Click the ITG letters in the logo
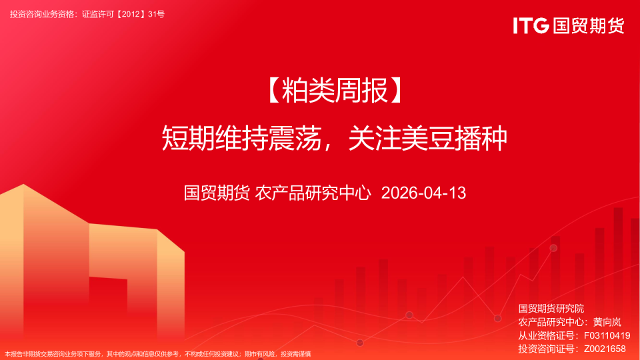[531, 26]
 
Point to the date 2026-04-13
[423, 193]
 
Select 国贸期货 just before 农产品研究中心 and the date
[217, 193]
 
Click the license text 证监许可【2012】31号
[123, 14]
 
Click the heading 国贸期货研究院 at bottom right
[551, 308]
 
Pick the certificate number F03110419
[607, 335]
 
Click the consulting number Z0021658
[605, 348]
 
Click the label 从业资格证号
[547, 335]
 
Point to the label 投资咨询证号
[547, 348]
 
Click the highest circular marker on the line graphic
[553, 248]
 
